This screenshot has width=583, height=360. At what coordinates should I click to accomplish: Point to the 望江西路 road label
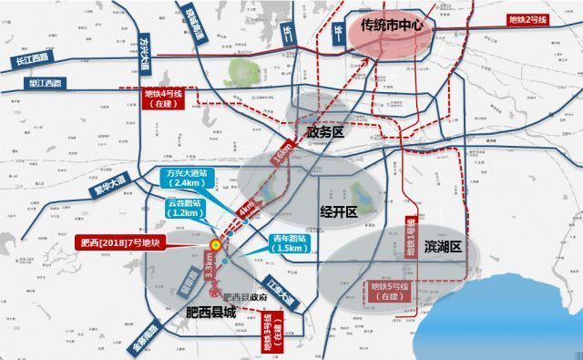45,84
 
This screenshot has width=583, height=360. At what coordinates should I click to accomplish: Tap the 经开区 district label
336,209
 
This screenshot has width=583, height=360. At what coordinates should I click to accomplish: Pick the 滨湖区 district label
444,247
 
